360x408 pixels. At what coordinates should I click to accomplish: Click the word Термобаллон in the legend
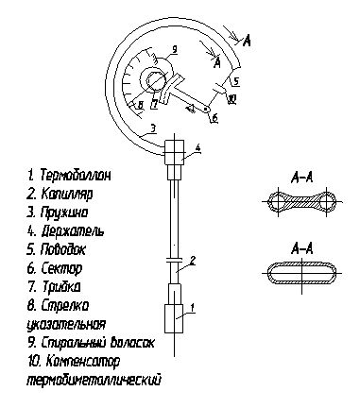pyautogui.click(x=76, y=175)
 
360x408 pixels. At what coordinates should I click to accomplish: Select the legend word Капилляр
pyautogui.click(x=67, y=194)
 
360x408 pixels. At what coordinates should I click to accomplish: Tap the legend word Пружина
pyautogui.click(x=64, y=212)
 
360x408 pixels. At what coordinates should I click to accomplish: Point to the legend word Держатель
pyautogui.click(x=73, y=231)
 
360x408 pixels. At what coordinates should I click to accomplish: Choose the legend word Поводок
pyautogui.click(x=63, y=249)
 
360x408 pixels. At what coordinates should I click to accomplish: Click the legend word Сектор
pyautogui.click(x=61, y=268)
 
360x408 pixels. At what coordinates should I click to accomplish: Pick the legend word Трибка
pyautogui.click(x=60, y=287)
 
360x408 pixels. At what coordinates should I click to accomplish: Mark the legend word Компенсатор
pyautogui.click(x=83, y=362)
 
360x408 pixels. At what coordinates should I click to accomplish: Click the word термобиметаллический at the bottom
pyautogui.click(x=94, y=380)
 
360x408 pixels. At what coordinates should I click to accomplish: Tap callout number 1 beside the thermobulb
pyautogui.click(x=193, y=307)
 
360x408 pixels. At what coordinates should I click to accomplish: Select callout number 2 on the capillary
pyautogui.click(x=193, y=261)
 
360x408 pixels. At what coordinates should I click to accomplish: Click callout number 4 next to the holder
pyautogui.click(x=197, y=147)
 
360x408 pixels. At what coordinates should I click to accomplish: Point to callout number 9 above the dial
pyautogui.click(x=175, y=49)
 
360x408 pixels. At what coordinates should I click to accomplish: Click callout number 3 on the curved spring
pyautogui.click(x=153, y=128)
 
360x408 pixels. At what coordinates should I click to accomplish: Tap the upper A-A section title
pyautogui.click(x=302, y=178)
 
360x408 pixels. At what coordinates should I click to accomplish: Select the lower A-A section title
pyautogui.click(x=302, y=249)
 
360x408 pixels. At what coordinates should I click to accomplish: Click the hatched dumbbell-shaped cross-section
pyautogui.click(x=302, y=202)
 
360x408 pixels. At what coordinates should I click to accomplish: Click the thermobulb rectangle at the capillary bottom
pyautogui.click(x=174, y=318)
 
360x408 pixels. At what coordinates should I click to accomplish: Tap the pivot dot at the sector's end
pyautogui.click(x=206, y=109)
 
